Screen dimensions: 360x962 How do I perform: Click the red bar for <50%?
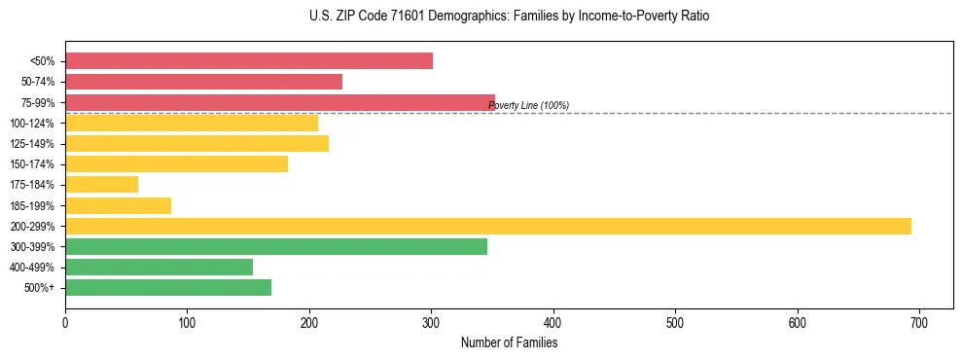point(249,61)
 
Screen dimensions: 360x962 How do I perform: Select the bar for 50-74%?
point(203,82)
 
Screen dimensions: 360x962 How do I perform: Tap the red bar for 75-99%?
point(280,102)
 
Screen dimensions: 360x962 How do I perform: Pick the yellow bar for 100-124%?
point(192,123)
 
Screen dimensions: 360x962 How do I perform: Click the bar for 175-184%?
point(101,184)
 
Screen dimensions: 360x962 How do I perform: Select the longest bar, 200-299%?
point(488,226)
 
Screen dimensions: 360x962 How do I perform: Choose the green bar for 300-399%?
point(276,246)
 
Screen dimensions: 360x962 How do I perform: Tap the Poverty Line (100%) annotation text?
point(528,105)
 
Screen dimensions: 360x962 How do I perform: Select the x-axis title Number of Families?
point(509,342)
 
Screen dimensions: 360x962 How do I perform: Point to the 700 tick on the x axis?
point(919,323)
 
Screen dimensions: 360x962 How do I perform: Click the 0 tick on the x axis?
point(65,323)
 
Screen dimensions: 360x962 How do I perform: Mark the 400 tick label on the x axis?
point(553,323)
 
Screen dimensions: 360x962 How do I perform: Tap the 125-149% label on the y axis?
point(33,144)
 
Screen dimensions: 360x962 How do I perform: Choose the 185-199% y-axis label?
point(33,205)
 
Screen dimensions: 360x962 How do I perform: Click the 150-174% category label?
point(33,164)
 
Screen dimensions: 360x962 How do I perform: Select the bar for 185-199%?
point(118,205)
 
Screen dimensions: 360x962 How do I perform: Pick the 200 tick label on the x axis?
point(309,323)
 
